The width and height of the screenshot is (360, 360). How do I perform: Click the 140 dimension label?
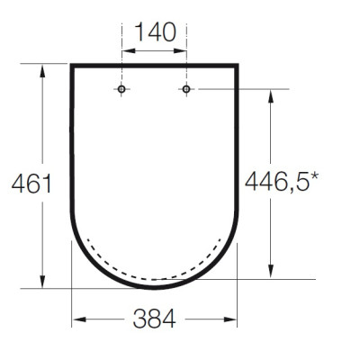156,32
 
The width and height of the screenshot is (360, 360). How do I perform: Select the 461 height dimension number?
31,184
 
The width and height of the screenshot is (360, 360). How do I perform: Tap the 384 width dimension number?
154,319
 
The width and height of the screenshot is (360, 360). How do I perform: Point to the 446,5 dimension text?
277,182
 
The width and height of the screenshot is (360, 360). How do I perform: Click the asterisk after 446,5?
314,176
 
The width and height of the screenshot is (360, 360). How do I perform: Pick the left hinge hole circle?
121,89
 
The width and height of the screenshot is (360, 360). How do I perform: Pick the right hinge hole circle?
186,89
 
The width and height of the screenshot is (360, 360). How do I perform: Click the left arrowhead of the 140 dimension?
128,51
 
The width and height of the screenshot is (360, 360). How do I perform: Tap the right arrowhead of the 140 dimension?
180,51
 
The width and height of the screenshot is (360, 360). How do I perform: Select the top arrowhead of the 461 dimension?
42,70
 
